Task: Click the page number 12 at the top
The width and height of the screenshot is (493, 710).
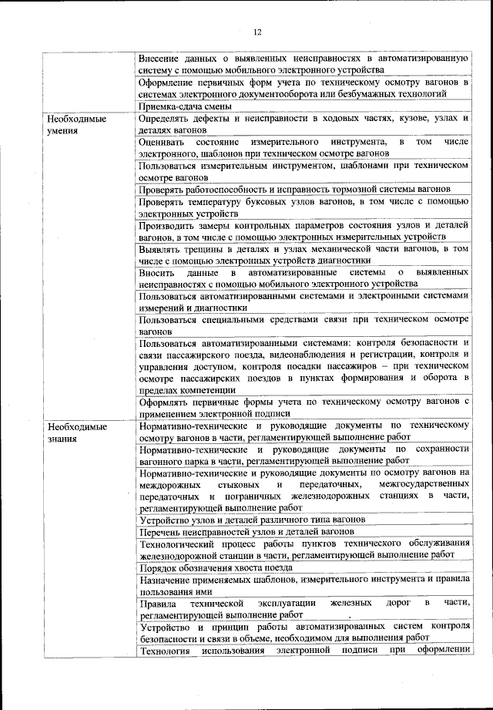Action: tap(257, 32)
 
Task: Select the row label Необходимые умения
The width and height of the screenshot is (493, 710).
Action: tap(76, 125)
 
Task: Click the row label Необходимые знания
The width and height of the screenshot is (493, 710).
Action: tap(76, 432)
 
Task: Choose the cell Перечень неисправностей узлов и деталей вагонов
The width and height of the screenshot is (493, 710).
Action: tap(246, 532)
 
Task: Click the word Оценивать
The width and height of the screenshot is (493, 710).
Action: tap(162, 142)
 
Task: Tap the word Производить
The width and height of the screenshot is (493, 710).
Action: tap(166, 226)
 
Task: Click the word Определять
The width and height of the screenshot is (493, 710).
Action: tap(166, 119)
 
